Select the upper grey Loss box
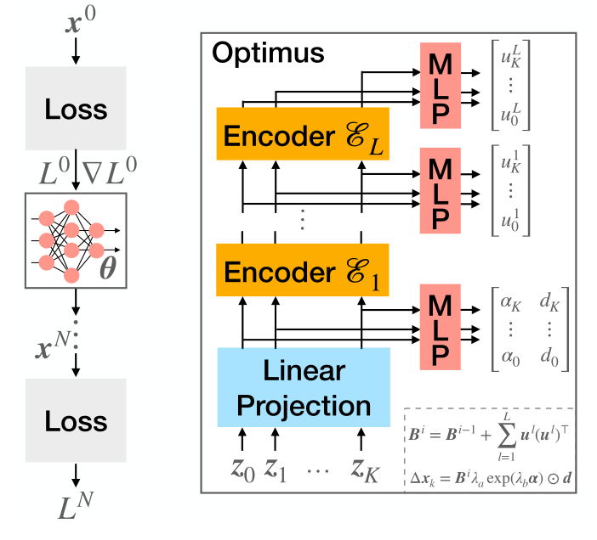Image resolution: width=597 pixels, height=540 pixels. (77, 110)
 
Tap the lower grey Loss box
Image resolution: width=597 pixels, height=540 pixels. (77, 422)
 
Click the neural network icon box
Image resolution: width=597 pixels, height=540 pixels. (77, 240)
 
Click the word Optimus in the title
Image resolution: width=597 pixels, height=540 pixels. (268, 54)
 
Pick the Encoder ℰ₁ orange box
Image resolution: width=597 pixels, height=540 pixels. (303, 272)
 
